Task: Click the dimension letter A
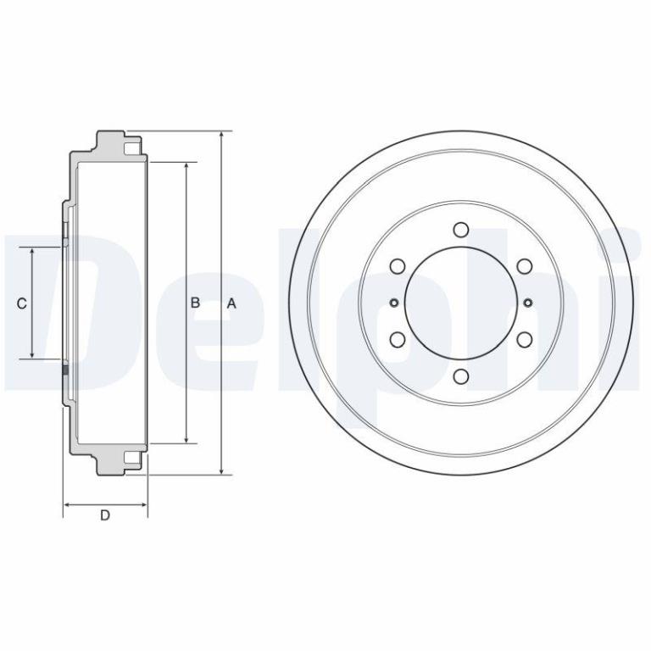tap(231, 303)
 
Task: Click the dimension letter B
tap(195, 303)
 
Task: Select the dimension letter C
tap(21, 303)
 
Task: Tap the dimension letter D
tap(105, 515)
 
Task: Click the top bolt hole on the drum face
tap(461, 229)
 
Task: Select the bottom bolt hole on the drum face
tap(461, 376)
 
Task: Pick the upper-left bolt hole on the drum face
tap(398, 265)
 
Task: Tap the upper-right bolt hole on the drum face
tap(525, 265)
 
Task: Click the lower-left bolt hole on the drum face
tap(398, 340)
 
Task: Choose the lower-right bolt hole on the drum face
tap(525, 340)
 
